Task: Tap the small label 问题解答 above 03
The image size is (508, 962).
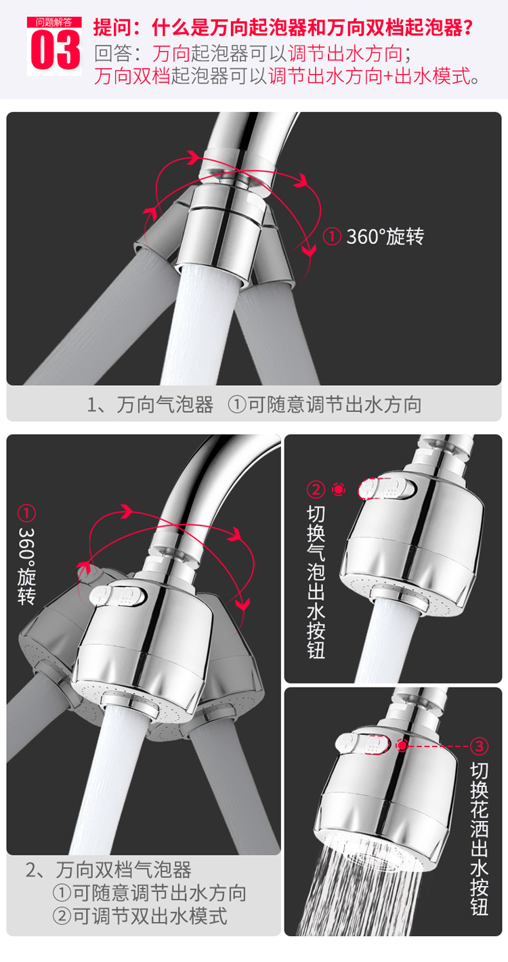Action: (x=54, y=22)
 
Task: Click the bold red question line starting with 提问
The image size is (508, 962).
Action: (x=282, y=28)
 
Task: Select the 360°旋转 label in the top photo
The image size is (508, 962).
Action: (x=385, y=237)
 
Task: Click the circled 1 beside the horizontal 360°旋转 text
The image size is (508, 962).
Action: (x=332, y=237)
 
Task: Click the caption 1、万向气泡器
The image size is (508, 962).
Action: (x=150, y=405)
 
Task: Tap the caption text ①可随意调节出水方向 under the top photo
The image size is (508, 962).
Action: (x=324, y=405)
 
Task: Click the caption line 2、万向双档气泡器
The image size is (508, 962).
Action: (x=108, y=869)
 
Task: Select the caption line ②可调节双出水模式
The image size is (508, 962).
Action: (x=140, y=916)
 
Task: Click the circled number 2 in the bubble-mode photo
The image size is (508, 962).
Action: (x=316, y=489)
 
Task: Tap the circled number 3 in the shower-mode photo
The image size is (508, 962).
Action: (x=479, y=746)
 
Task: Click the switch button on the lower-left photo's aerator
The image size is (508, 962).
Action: (x=117, y=596)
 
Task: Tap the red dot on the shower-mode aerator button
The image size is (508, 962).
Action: (x=402, y=746)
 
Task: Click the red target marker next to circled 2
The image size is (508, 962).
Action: (x=338, y=489)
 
